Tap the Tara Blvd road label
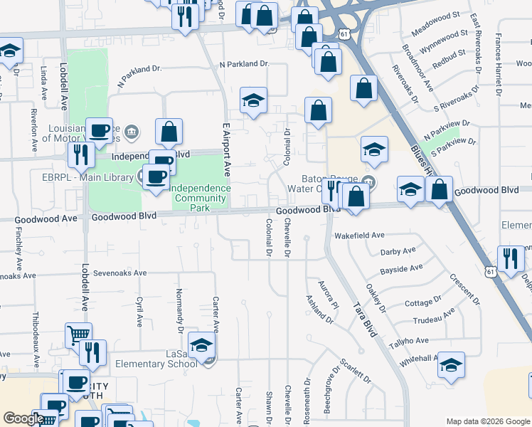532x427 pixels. (364, 318)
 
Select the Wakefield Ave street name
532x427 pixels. (359, 235)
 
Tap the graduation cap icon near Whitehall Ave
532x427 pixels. (451, 366)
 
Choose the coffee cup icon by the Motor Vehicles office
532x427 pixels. (100, 131)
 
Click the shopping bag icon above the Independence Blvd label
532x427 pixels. (169, 132)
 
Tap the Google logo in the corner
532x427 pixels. (23, 418)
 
